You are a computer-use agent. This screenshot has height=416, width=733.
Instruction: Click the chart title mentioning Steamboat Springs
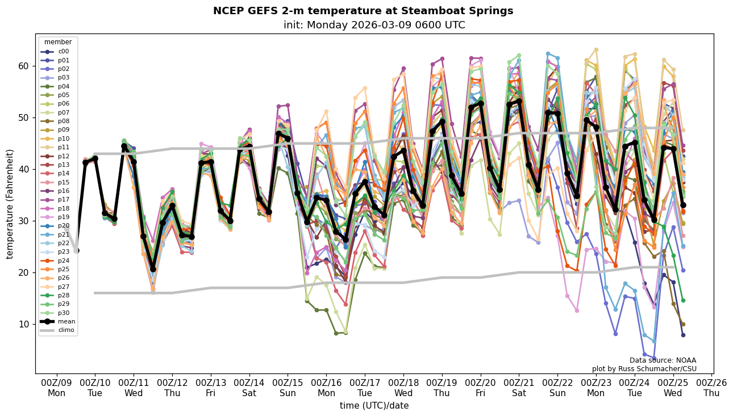[x=363, y=11]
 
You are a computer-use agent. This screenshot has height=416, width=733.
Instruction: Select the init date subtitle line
[x=374, y=25]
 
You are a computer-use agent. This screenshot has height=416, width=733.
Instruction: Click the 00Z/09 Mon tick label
[x=56, y=388]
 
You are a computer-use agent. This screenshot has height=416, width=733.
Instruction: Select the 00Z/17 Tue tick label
[x=365, y=388]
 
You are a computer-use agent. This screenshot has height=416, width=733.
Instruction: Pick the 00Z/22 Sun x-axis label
[x=557, y=388]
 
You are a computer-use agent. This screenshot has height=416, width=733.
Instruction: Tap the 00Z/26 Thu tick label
[x=711, y=388]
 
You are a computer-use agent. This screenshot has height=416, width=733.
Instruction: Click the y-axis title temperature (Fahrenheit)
[x=10, y=204]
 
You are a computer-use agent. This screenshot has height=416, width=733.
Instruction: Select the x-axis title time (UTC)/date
[x=374, y=406]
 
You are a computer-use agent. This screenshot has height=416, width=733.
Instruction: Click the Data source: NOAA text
[x=663, y=360]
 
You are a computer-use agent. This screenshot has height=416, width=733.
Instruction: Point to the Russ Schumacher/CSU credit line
[x=644, y=369]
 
